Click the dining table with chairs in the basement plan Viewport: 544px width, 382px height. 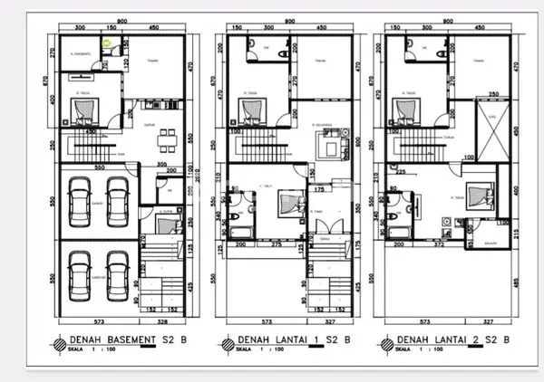click(164, 139)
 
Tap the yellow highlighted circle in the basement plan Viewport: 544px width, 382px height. click(108, 41)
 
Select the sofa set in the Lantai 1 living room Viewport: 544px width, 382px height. click(324, 143)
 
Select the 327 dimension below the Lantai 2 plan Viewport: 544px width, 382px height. click(488, 320)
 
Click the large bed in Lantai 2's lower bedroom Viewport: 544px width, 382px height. click(476, 198)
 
